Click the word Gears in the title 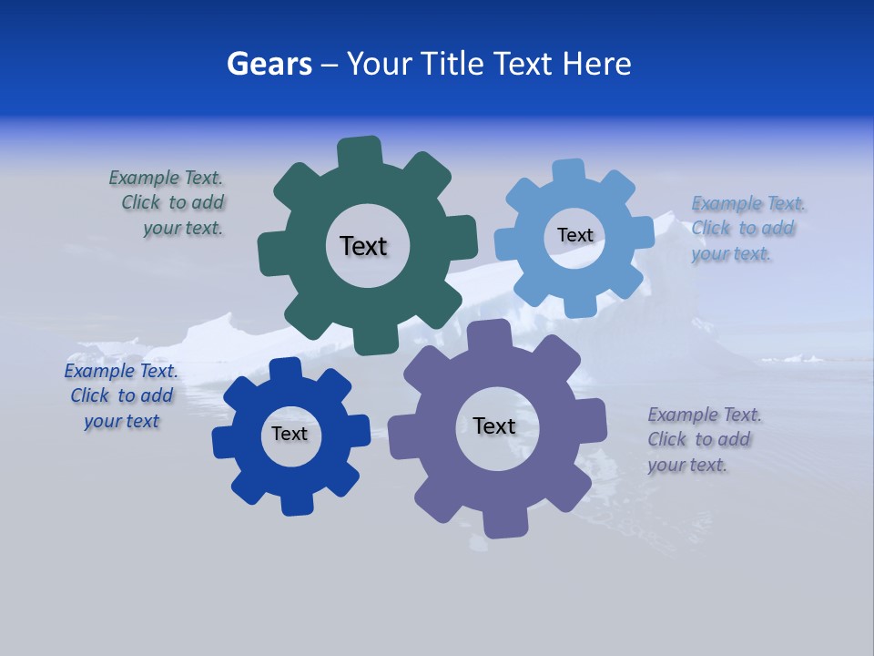coord(269,65)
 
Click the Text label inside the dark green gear coord(363,246)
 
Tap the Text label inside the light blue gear coord(574,235)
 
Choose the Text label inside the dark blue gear coord(290,434)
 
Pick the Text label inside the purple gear coord(494,425)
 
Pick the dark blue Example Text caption coord(121,395)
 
